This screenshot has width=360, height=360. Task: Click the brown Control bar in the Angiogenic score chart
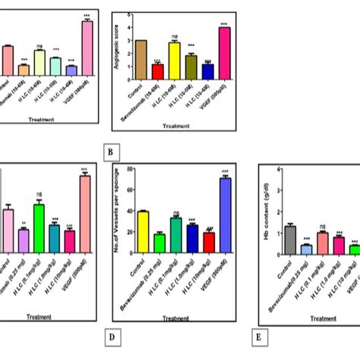(141, 60)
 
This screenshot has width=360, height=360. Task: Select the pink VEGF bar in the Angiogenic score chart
(224, 53)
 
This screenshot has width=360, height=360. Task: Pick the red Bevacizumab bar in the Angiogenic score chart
(157, 71)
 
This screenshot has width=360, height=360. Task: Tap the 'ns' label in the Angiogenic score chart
(174, 36)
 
